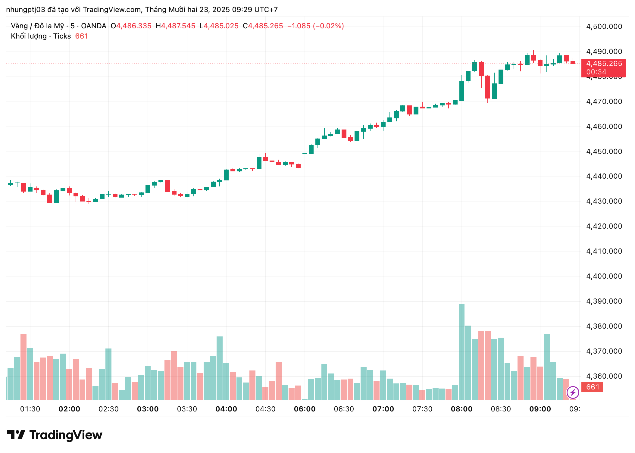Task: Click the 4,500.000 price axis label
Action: (x=604, y=27)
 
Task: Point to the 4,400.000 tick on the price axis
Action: (x=604, y=276)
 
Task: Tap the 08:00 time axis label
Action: (x=461, y=409)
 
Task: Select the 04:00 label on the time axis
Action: (x=226, y=409)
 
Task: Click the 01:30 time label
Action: (x=30, y=409)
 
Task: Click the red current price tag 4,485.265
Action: (x=604, y=64)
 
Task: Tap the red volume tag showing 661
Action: (x=593, y=387)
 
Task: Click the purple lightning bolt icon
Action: (x=573, y=392)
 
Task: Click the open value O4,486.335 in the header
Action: (x=131, y=26)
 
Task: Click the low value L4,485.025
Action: (x=219, y=26)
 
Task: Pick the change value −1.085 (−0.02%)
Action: (x=315, y=26)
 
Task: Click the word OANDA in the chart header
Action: (x=93, y=26)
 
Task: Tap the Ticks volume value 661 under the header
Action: (x=81, y=36)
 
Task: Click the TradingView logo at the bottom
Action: (x=55, y=435)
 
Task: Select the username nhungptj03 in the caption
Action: (x=25, y=10)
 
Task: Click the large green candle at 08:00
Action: (x=461, y=91)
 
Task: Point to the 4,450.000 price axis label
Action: (x=604, y=152)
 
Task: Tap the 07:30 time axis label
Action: (x=422, y=409)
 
